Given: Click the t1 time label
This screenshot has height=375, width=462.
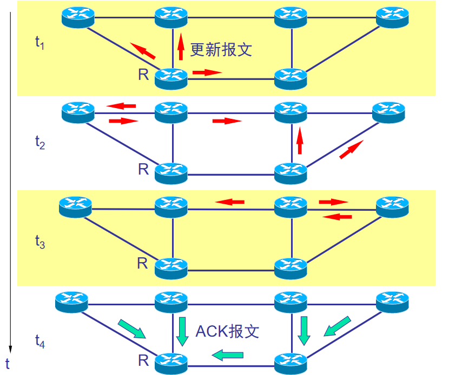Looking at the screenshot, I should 39,43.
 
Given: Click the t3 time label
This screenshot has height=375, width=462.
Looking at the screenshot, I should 39,243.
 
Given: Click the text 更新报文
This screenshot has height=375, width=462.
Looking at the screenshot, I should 221,50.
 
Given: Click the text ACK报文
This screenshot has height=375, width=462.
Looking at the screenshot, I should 227,331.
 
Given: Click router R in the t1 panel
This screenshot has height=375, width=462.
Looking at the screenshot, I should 171,78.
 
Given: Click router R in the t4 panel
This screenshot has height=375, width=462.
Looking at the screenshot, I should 171,362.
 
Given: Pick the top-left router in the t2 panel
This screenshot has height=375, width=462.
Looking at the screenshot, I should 78,112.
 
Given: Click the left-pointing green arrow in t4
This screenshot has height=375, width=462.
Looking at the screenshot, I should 227,355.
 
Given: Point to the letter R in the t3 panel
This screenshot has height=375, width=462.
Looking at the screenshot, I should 142,264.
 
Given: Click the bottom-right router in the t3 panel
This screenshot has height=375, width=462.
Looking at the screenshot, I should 291,267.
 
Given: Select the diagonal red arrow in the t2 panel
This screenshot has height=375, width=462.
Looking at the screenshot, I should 351,149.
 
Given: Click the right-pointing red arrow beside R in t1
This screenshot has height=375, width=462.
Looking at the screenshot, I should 207,72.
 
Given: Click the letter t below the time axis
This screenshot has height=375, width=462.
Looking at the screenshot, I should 8,362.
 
